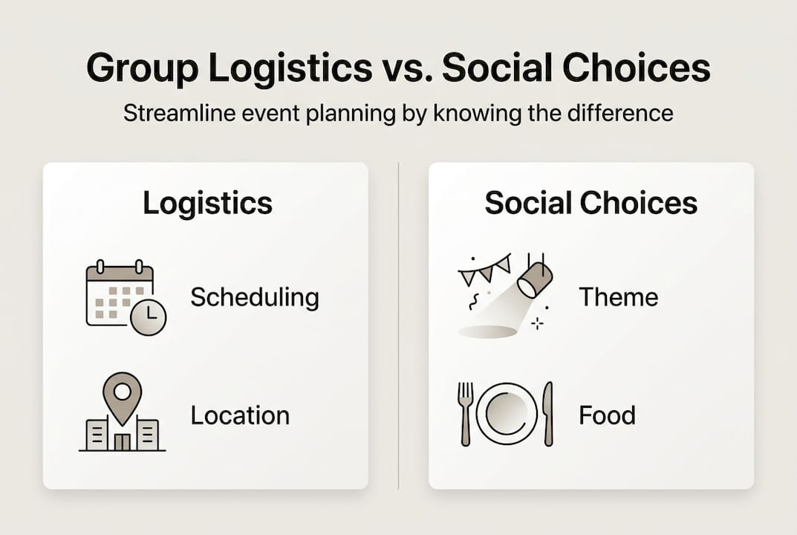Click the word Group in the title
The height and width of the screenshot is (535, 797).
(x=141, y=68)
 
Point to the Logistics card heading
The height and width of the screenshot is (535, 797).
(x=207, y=203)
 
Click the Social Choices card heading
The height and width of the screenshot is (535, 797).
(x=591, y=203)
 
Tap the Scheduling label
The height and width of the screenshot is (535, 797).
(x=255, y=297)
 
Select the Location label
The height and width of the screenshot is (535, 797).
(x=240, y=415)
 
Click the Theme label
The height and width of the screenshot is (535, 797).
(x=618, y=297)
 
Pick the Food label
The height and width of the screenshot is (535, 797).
(x=607, y=415)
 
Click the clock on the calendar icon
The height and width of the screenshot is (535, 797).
(x=149, y=317)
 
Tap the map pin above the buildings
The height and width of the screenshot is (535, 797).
(x=122, y=394)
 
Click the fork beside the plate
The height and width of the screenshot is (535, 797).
(x=465, y=413)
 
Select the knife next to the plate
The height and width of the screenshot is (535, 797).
(x=547, y=413)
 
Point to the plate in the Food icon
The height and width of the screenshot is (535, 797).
(x=507, y=413)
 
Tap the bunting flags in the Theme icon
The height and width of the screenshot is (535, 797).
(x=484, y=269)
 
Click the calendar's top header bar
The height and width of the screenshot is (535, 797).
(x=120, y=273)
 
